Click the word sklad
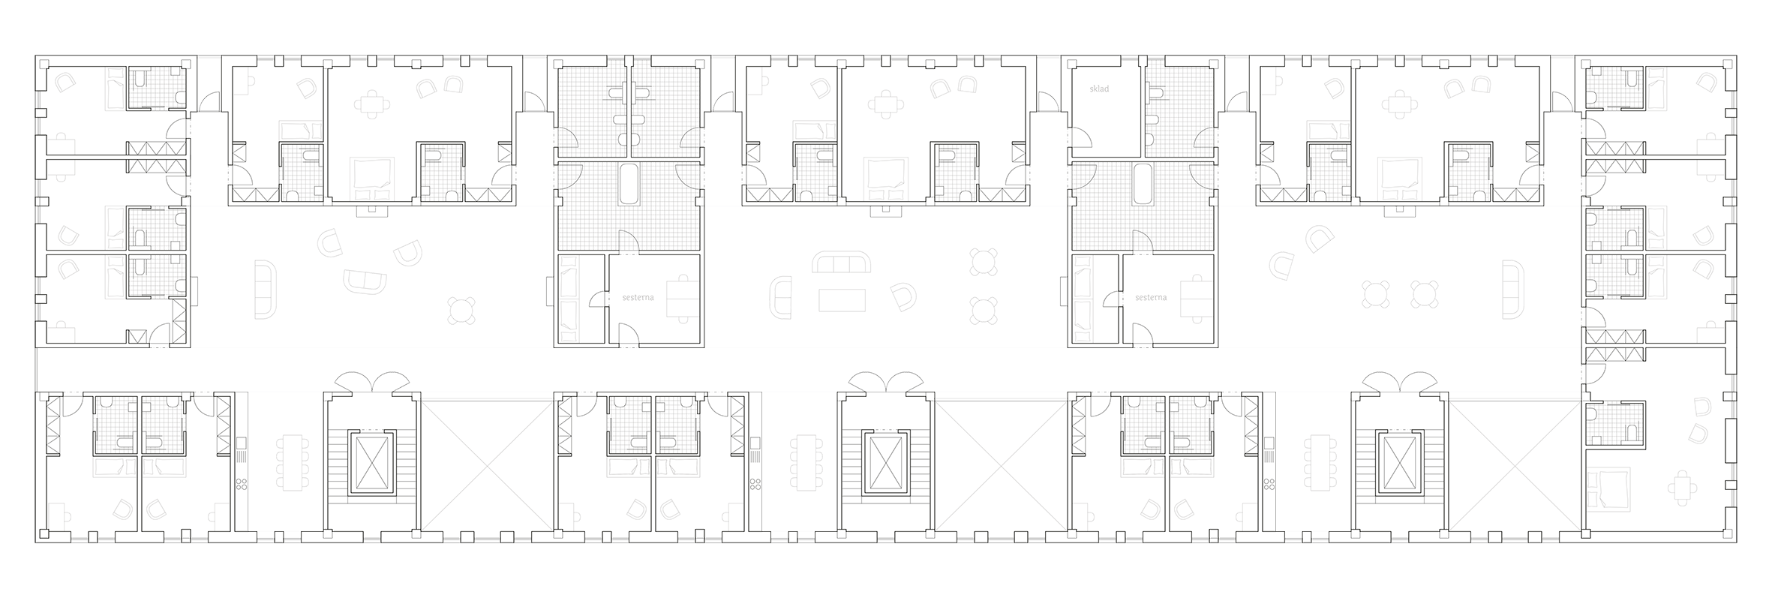click(1098, 89)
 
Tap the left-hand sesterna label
click(638, 297)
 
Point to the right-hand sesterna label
click(1151, 297)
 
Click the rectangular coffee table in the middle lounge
click(842, 299)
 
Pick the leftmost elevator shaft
click(371, 463)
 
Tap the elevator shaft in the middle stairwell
click(886, 463)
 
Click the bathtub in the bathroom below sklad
click(1143, 184)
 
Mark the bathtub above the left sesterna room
click(629, 184)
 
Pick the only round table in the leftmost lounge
click(461, 308)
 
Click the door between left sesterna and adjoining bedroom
click(598, 299)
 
